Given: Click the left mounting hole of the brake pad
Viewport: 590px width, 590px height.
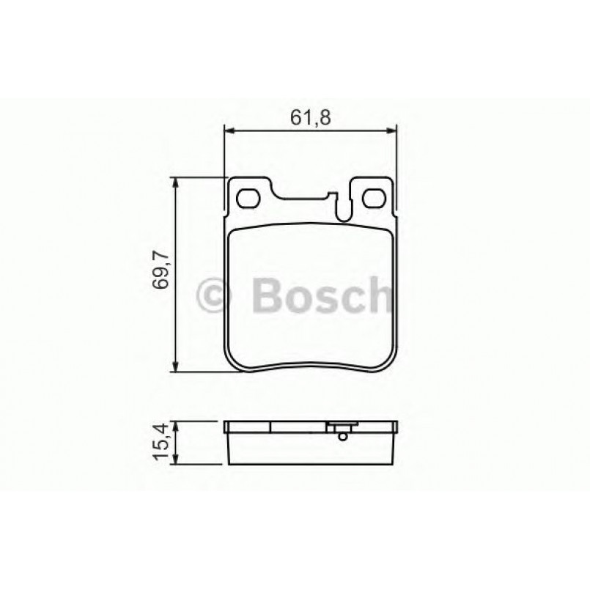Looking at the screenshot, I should tap(249, 198).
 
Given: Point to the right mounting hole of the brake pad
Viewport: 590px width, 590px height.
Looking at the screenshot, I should tap(375, 198).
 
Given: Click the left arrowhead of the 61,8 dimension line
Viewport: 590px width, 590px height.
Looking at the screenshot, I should tap(228, 131).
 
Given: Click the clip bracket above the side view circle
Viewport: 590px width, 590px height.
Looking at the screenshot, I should tap(342, 425).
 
